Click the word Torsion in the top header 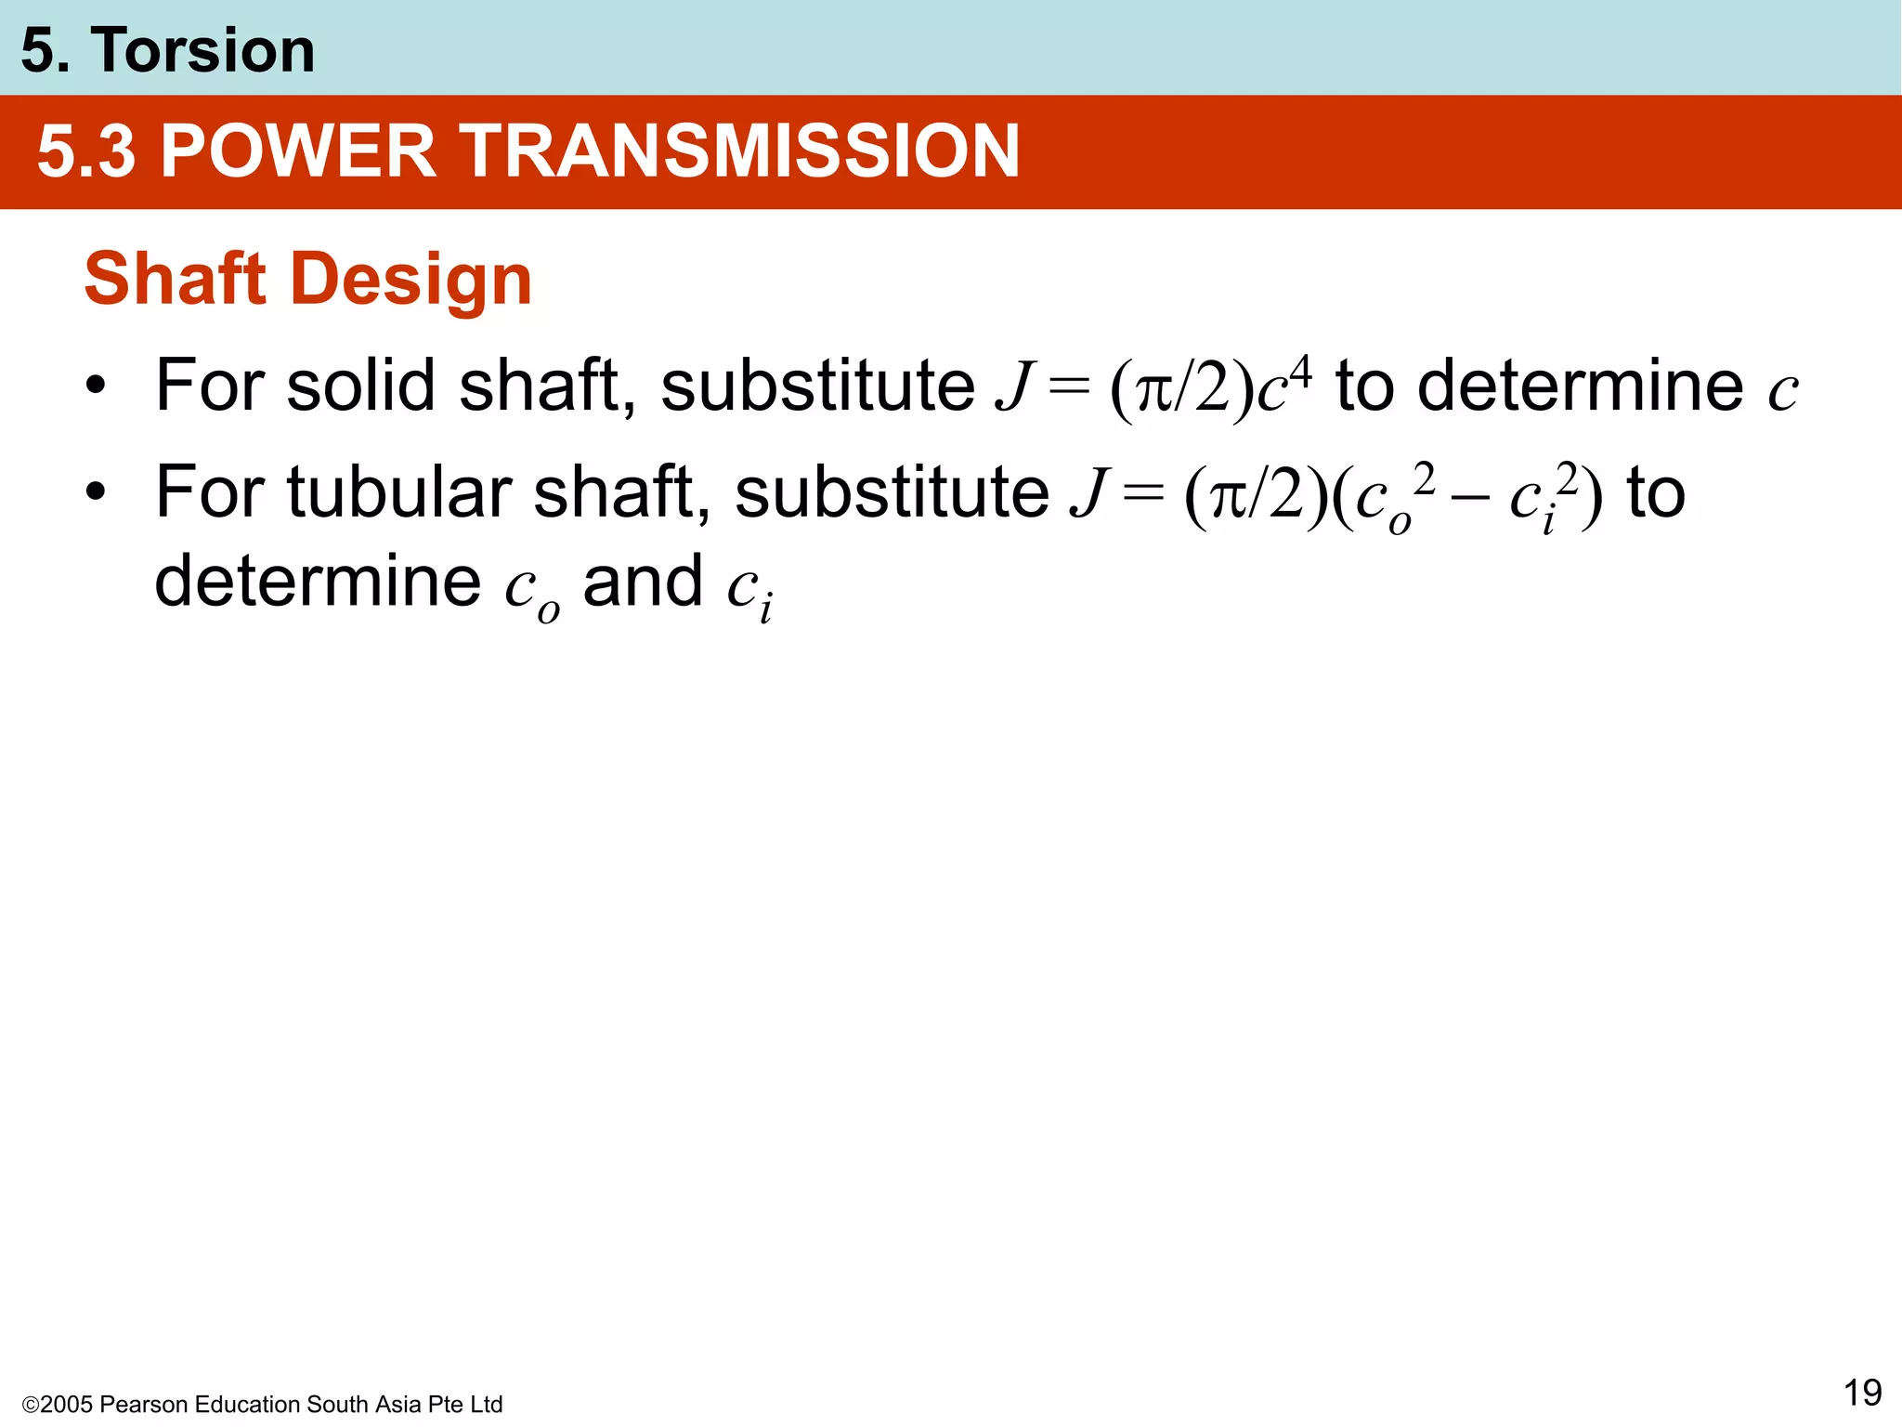(202, 50)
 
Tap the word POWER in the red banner (298, 151)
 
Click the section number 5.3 (86, 151)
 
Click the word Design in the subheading (411, 281)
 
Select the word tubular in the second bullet (398, 491)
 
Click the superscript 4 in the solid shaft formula (1301, 373)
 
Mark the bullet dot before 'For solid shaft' (95, 386)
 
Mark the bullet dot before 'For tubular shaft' (95, 491)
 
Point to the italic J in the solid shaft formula (1014, 386)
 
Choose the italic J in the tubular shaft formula (1088, 491)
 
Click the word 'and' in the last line (642, 582)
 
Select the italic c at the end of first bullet (1782, 391)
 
